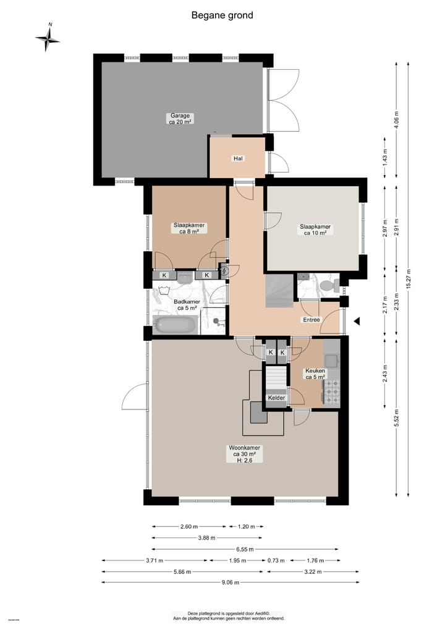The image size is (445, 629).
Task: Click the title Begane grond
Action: [222, 15]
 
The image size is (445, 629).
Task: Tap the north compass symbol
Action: [48, 38]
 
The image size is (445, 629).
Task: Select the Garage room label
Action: [180, 119]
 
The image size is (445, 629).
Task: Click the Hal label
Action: [238, 158]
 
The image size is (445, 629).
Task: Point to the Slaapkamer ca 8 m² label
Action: [189, 229]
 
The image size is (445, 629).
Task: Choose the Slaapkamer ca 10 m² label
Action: [315, 229]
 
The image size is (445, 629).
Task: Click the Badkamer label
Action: [187, 304]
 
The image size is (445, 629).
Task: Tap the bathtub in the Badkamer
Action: [176, 325]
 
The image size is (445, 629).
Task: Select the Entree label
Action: [310, 320]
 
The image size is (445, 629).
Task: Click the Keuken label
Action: [315, 374]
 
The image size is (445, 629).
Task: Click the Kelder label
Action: [276, 398]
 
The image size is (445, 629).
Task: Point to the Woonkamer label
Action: [244, 453]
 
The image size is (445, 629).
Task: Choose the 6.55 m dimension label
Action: [245, 549]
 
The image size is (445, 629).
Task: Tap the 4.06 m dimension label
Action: [396, 117]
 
